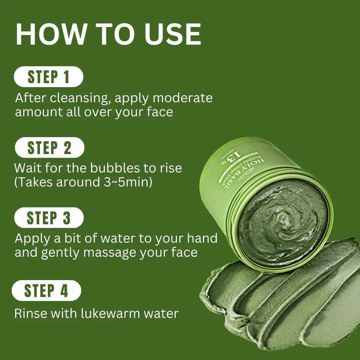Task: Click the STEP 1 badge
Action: (x=48, y=77)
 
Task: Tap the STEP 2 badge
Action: (x=49, y=148)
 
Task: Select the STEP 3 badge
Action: (x=49, y=218)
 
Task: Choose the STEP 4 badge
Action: (x=46, y=291)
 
